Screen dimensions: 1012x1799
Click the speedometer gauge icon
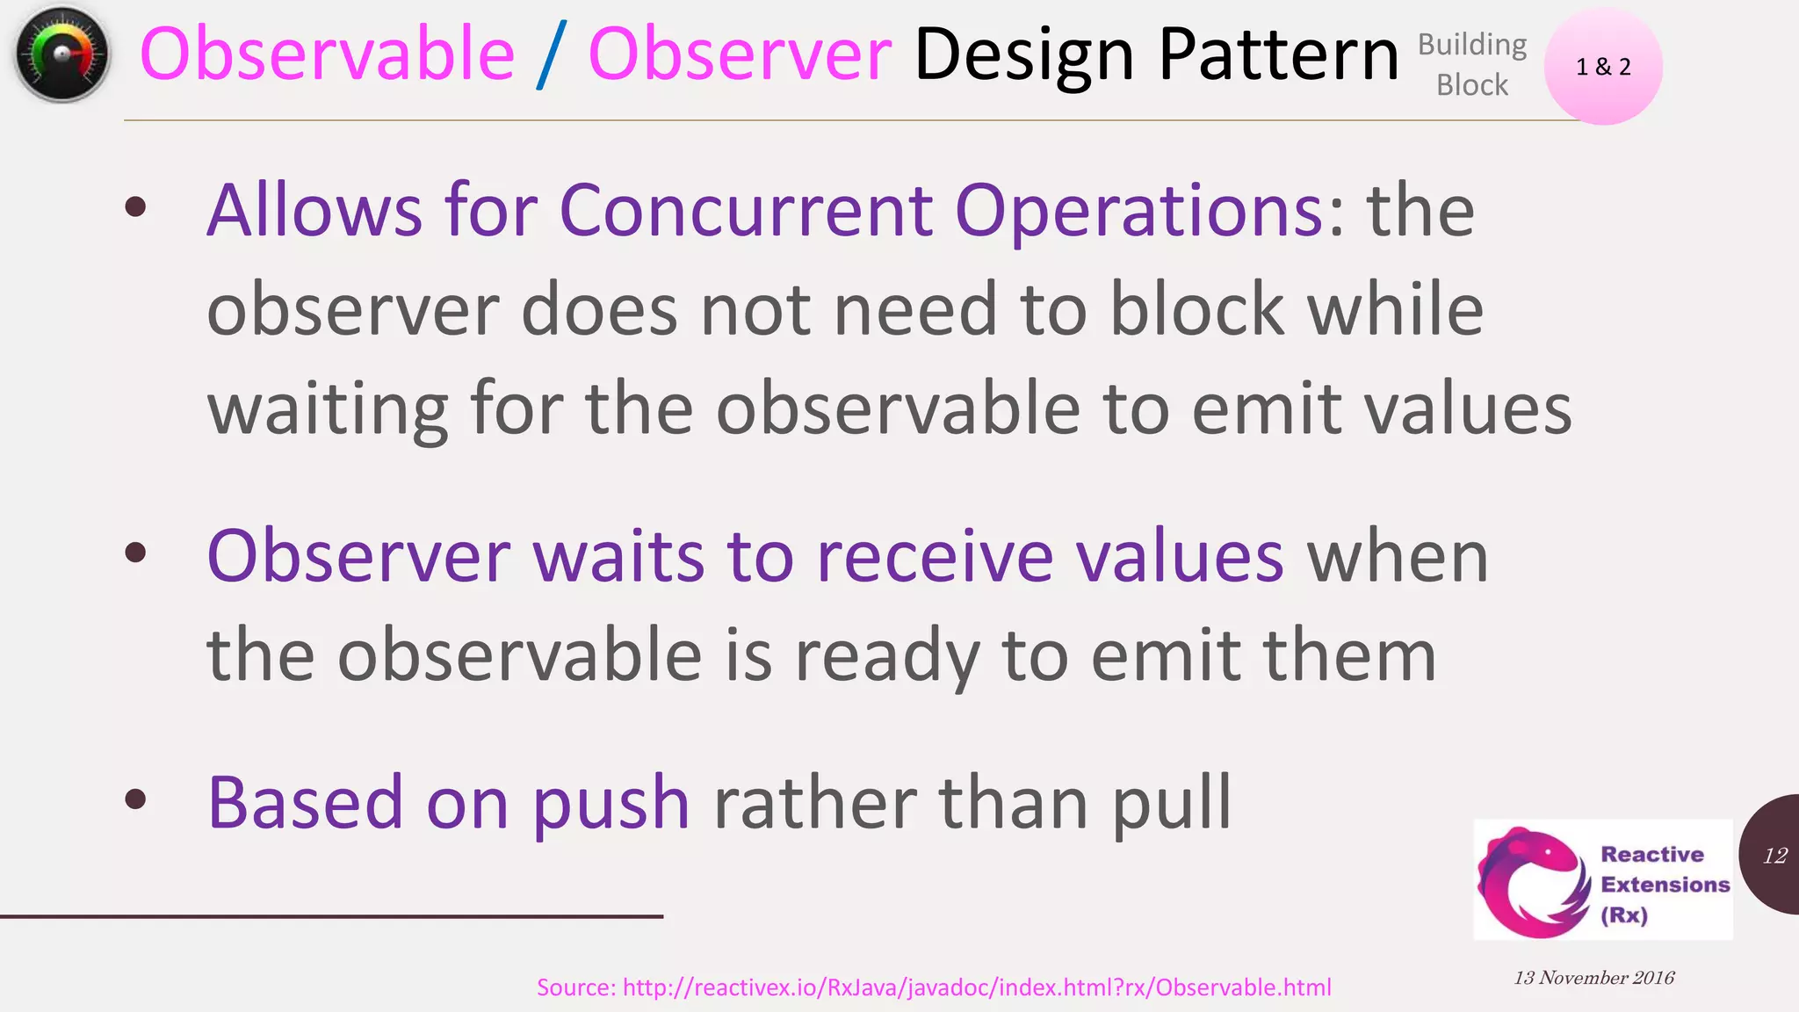pyautogui.click(x=61, y=54)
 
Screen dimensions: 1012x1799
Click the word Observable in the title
pyautogui.click(x=327, y=54)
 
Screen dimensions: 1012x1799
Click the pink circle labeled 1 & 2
pyautogui.click(x=1603, y=67)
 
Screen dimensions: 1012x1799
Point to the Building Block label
pyautogui.click(x=1472, y=64)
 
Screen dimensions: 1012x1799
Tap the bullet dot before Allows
pyautogui.click(x=135, y=208)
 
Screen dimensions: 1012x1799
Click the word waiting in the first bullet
pyautogui.click(x=327, y=409)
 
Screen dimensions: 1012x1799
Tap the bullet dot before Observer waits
pyautogui.click(x=135, y=553)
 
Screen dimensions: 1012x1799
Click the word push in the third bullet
pyautogui.click(x=611, y=803)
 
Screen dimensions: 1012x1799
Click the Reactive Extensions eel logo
pyautogui.click(x=1534, y=881)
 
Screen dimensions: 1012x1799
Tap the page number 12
pyautogui.click(x=1774, y=856)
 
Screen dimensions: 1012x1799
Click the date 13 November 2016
pyautogui.click(x=1593, y=978)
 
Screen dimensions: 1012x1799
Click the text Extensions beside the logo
pyautogui.click(x=1665, y=885)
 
